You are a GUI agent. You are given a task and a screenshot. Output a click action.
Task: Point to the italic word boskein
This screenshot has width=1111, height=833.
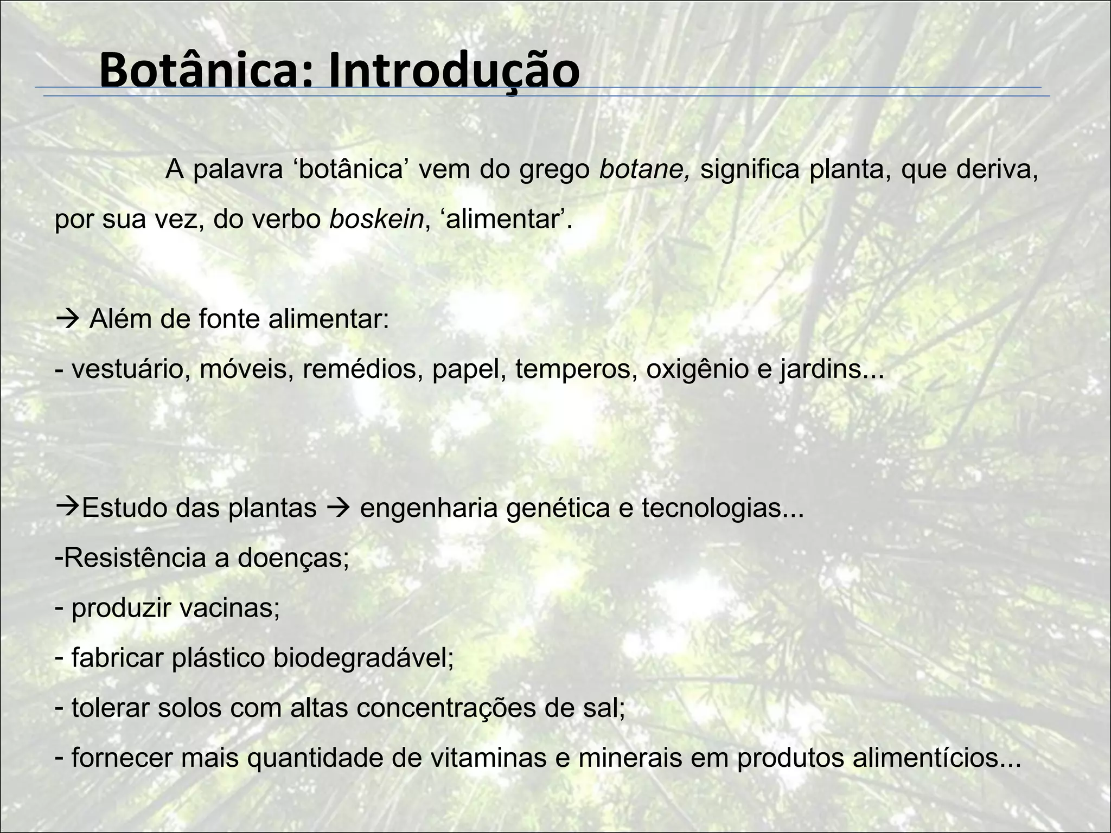click(376, 219)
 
